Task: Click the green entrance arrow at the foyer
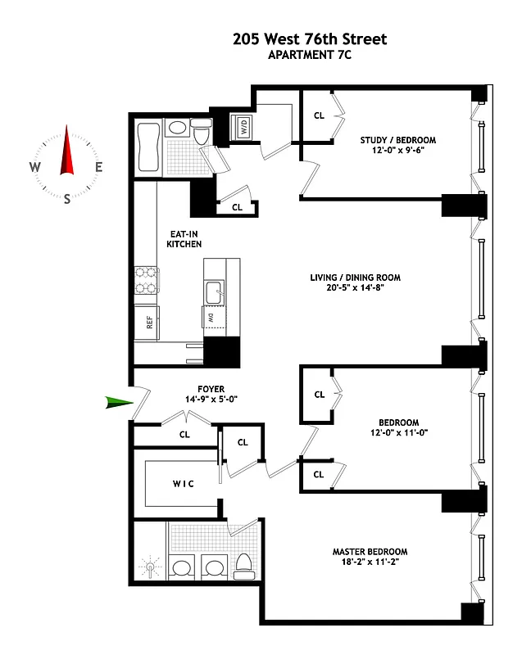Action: [x=119, y=401]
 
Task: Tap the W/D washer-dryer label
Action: [x=244, y=127]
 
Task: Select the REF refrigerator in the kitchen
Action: [x=150, y=323]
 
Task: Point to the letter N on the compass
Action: [x=66, y=130]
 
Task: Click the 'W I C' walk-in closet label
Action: [x=183, y=484]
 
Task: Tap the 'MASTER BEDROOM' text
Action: [x=370, y=551]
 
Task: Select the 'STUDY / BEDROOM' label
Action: [x=398, y=140]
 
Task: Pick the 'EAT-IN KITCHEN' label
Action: [x=184, y=238]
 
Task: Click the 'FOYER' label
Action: [x=211, y=389]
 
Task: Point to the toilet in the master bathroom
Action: [x=244, y=565]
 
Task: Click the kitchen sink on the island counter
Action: [x=216, y=288]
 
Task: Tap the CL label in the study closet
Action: [x=319, y=115]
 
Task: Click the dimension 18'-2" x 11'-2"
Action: [x=370, y=563]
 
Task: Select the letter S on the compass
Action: [x=66, y=199]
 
